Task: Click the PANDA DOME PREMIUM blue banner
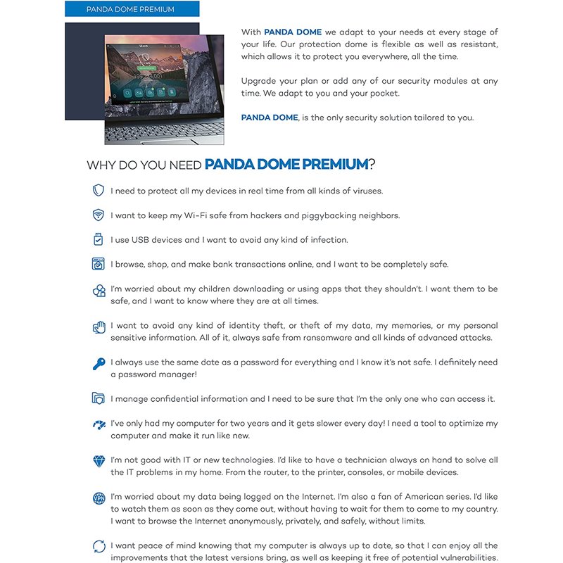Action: [x=132, y=9]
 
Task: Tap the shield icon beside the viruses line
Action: [x=99, y=191]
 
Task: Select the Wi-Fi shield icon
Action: [x=99, y=215]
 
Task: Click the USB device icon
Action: [x=99, y=240]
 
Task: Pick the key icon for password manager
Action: [x=99, y=364]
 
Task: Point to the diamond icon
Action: [x=99, y=461]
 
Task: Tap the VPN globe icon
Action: [x=99, y=498]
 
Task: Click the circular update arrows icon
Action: [x=99, y=547]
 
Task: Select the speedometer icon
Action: [x=99, y=424]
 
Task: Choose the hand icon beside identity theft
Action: [x=99, y=327]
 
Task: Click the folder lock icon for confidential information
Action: [x=99, y=399]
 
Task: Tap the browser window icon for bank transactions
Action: [x=99, y=265]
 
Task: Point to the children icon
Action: [x=99, y=291]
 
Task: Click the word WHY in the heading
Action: [x=100, y=165]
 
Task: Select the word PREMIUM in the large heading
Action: [x=335, y=165]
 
